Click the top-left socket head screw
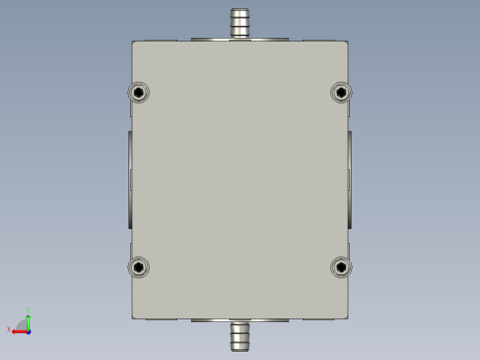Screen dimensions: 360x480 (138, 92)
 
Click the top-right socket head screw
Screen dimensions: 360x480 (342, 92)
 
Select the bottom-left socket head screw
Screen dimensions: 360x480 (138, 268)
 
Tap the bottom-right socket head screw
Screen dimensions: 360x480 (342, 268)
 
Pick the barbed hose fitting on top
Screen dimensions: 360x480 (240, 23)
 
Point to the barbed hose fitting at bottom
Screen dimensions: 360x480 (240, 336)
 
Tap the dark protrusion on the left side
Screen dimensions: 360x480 (128, 179)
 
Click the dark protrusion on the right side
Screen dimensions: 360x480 (351, 179)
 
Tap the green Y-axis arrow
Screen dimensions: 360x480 (29, 320)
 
